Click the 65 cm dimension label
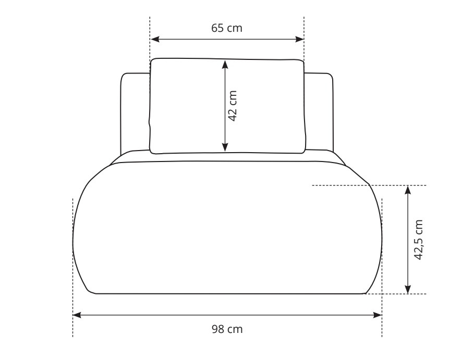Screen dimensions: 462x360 (x=227, y=28)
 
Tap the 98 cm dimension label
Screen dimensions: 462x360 (x=227, y=329)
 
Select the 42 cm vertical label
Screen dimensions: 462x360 (x=233, y=106)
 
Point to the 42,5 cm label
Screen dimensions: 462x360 (x=418, y=240)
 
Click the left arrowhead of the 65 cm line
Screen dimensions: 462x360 (x=155, y=39)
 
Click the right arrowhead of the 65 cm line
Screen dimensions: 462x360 (x=299, y=39)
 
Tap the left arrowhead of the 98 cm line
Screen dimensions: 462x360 (x=77, y=315)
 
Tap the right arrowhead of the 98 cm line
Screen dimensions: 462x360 (x=378, y=315)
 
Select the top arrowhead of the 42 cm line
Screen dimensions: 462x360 (x=225, y=65)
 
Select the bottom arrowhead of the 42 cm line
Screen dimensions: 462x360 (x=225, y=147)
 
